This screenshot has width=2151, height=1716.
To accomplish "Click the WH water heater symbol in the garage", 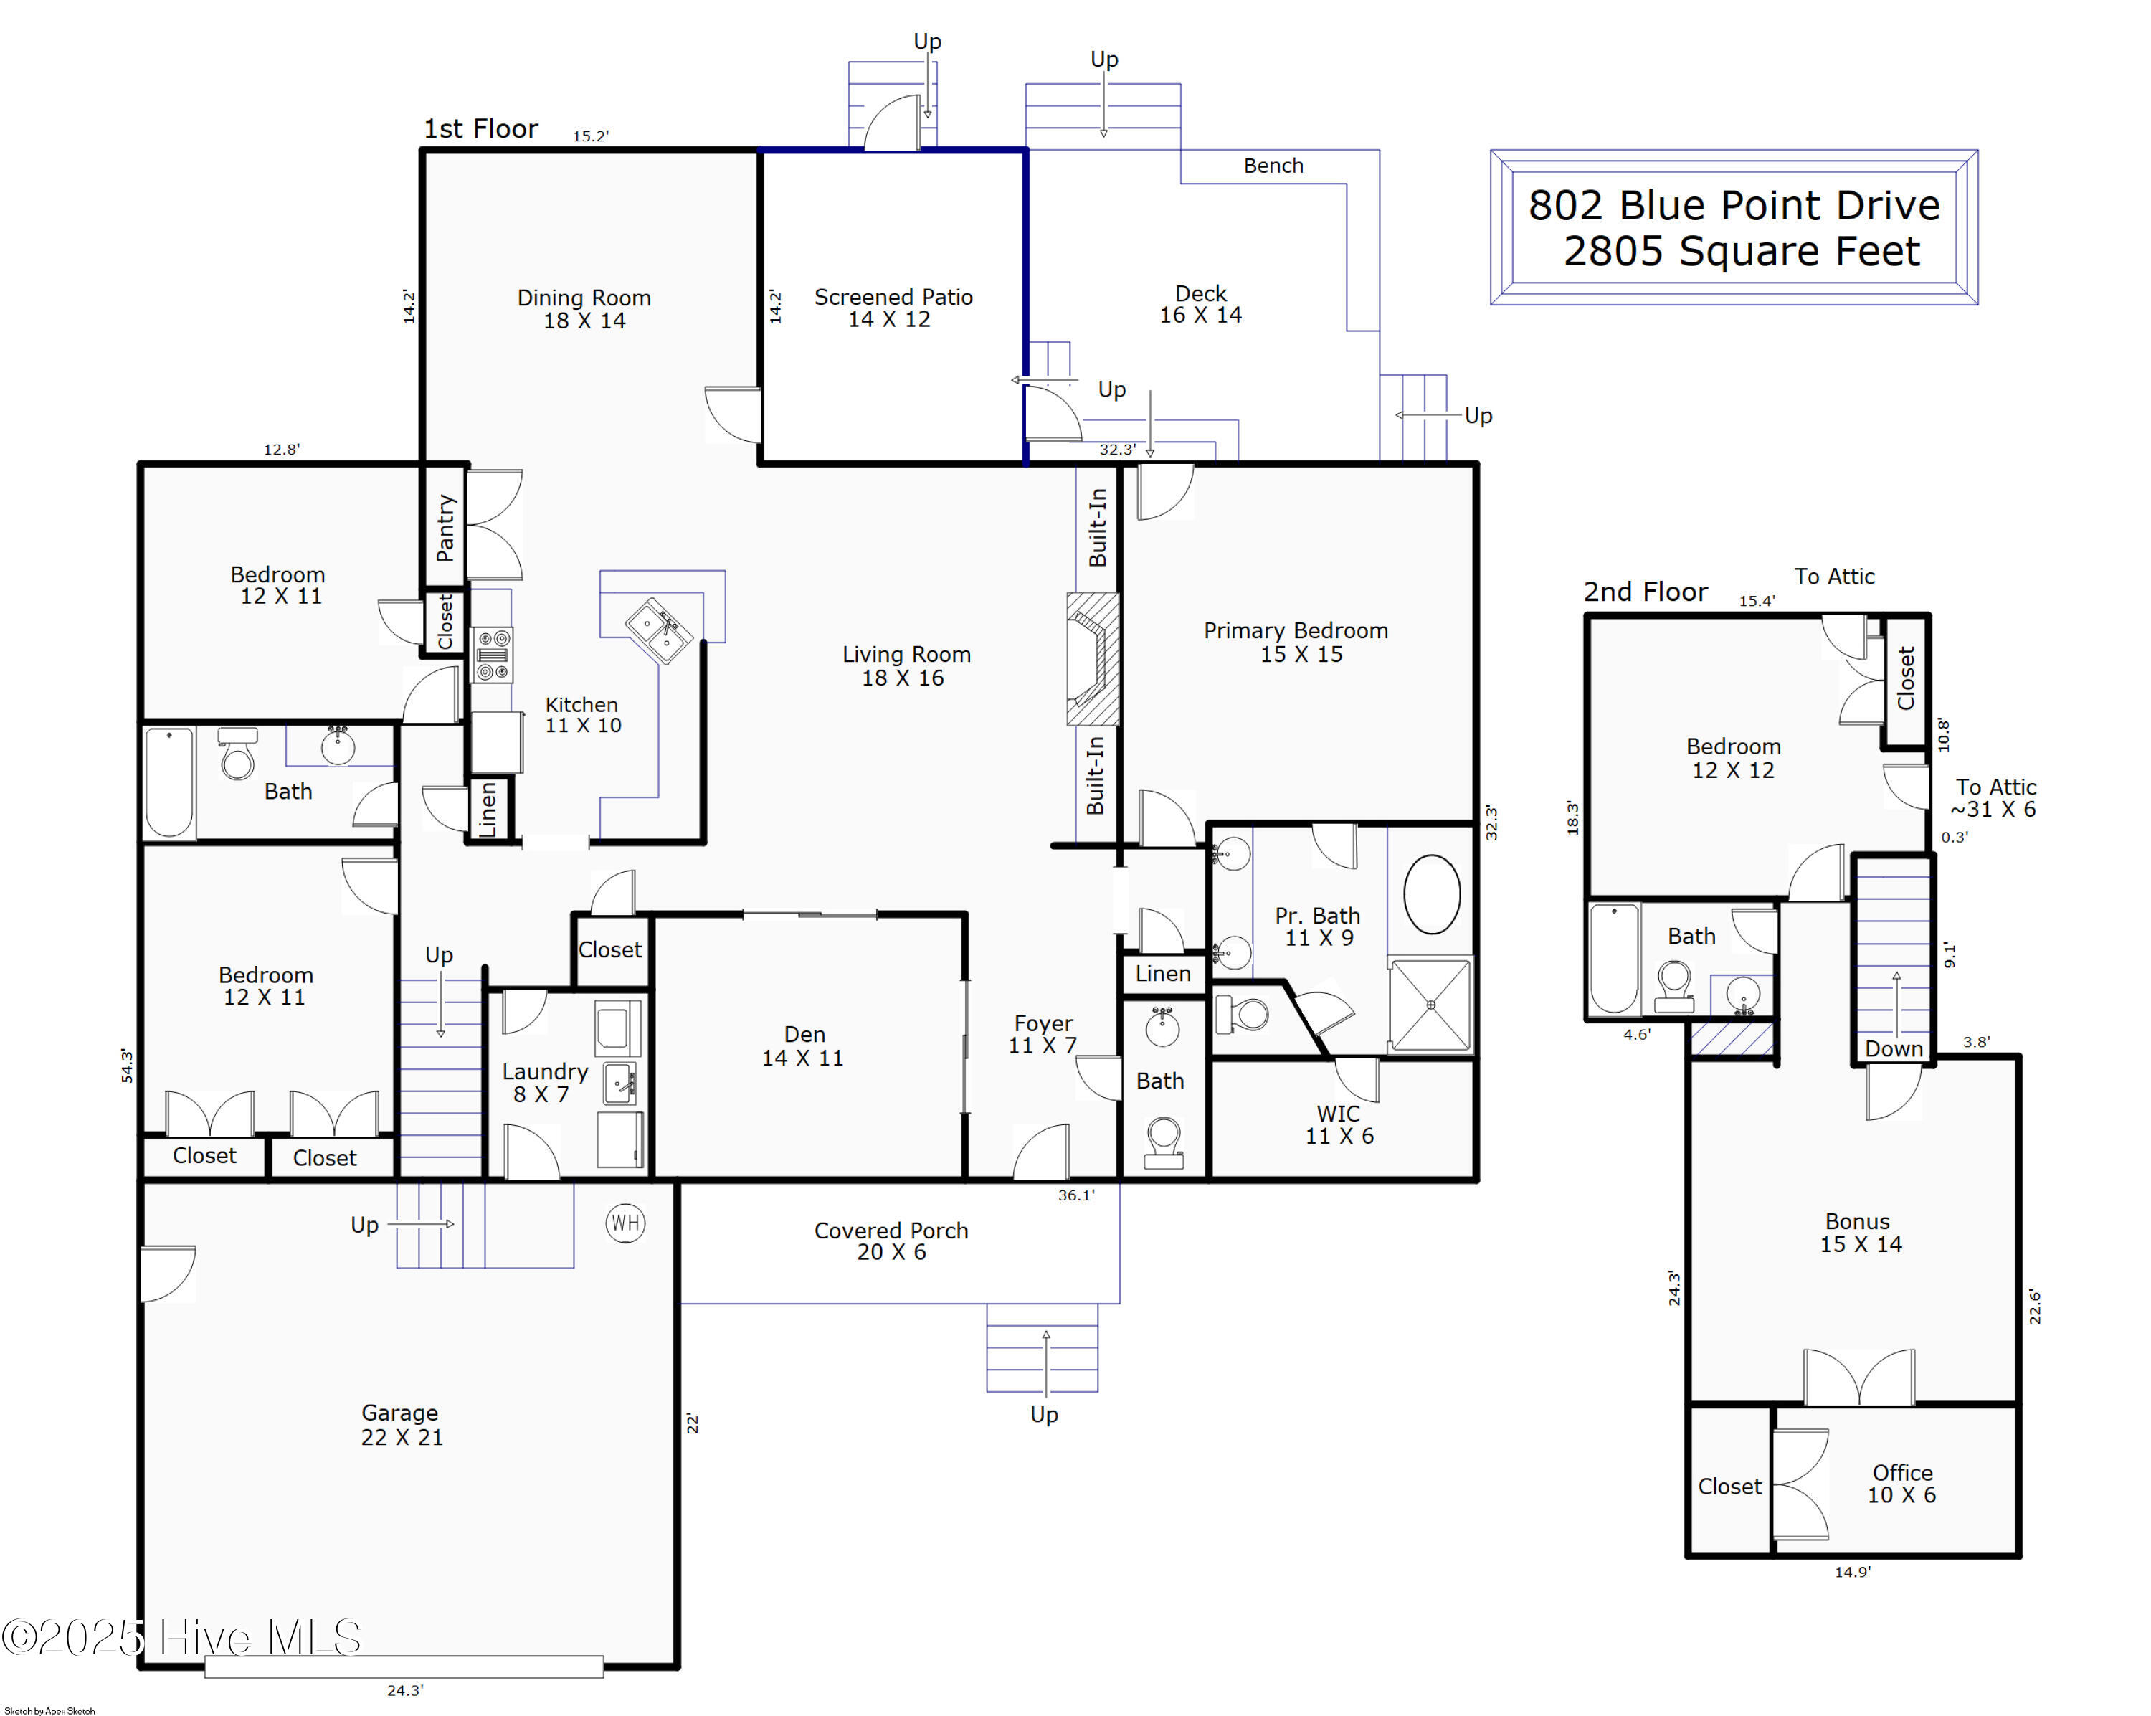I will click(x=625, y=1223).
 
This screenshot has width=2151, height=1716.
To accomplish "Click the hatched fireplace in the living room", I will click(x=1093, y=658).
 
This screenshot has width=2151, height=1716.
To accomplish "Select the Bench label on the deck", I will click(x=1273, y=166).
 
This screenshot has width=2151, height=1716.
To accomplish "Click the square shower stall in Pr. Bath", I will click(x=1430, y=1005).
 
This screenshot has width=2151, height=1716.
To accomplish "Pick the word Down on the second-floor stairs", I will click(x=1894, y=1048).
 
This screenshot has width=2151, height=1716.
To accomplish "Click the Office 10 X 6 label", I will click(x=1901, y=1484).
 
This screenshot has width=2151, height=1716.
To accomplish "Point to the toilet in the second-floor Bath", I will click(x=1674, y=986).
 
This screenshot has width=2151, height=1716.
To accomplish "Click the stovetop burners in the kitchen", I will click(x=492, y=655).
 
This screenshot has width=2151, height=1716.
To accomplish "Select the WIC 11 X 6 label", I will click(x=1339, y=1124).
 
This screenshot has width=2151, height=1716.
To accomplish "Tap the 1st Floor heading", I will click(x=481, y=128).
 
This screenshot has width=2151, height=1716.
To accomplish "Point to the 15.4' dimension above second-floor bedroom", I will click(x=1756, y=601).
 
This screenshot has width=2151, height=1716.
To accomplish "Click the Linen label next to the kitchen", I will click(x=488, y=808).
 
